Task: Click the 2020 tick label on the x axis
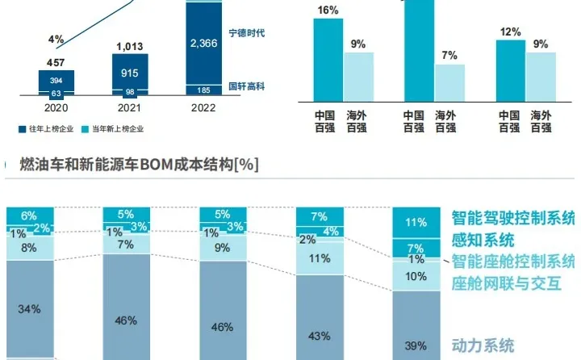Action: coord(56,107)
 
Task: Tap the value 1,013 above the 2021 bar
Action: coord(129,46)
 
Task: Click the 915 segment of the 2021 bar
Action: coord(129,73)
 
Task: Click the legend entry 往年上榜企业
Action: coord(47,128)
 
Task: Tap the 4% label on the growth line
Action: coord(56,39)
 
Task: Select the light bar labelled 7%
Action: coord(449,82)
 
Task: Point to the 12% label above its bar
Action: coord(509,31)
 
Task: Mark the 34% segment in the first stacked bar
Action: coord(31,308)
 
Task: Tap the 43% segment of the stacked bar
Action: coord(320,313)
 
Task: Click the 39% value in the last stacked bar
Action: coord(416,345)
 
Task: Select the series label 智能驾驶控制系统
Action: coord(512,218)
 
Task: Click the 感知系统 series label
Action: coord(483,241)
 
